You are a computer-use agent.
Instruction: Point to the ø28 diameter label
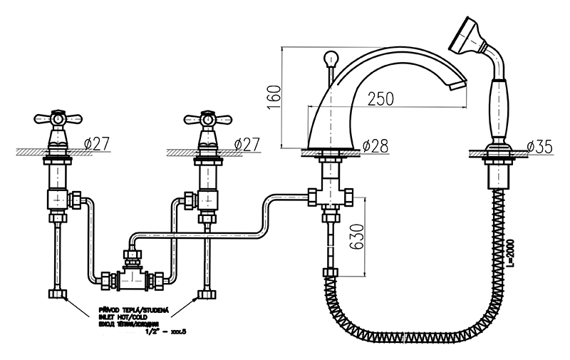pos(375,146)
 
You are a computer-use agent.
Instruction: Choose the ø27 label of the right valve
pos(247,143)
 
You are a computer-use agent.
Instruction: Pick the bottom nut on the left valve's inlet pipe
pos(56,294)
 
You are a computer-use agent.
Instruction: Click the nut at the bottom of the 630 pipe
pos(329,272)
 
